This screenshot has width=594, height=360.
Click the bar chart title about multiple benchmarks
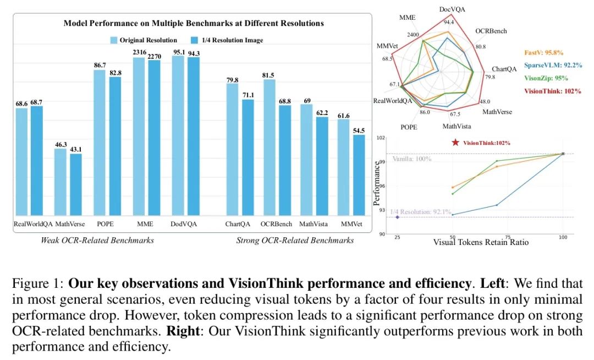(194, 23)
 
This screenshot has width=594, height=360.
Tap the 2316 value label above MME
(139, 52)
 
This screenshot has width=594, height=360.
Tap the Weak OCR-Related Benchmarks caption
(97, 240)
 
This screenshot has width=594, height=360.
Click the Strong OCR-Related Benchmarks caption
(295, 240)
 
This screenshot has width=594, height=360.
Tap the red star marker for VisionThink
(455, 143)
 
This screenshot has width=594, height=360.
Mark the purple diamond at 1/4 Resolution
(397, 217)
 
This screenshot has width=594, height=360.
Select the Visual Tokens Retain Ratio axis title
(481, 242)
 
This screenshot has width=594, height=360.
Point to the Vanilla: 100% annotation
(412, 159)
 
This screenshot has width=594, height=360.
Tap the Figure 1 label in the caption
(36, 285)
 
